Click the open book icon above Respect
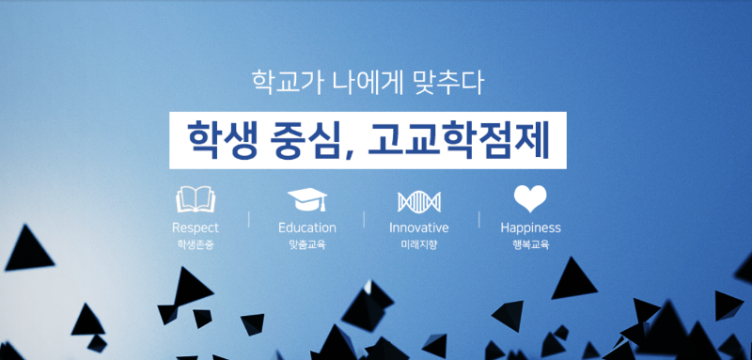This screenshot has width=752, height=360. [x=196, y=199]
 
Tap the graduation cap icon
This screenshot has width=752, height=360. [x=306, y=199]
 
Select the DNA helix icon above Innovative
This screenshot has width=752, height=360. [x=418, y=200]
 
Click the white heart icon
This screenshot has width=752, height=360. [x=530, y=198]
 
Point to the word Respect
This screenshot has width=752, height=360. [x=196, y=227]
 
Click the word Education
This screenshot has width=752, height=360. [x=306, y=227]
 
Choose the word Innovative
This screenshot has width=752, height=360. [x=418, y=227]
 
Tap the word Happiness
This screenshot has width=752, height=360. [x=530, y=227]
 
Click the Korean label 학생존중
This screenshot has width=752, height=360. [x=196, y=244]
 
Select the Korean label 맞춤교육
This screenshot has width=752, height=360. [x=306, y=244]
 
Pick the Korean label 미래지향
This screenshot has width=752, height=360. [x=418, y=244]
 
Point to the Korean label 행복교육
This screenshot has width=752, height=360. [x=530, y=244]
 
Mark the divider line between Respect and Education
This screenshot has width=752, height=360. [x=249, y=220]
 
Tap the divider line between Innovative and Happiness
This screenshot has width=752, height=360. [x=478, y=220]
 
